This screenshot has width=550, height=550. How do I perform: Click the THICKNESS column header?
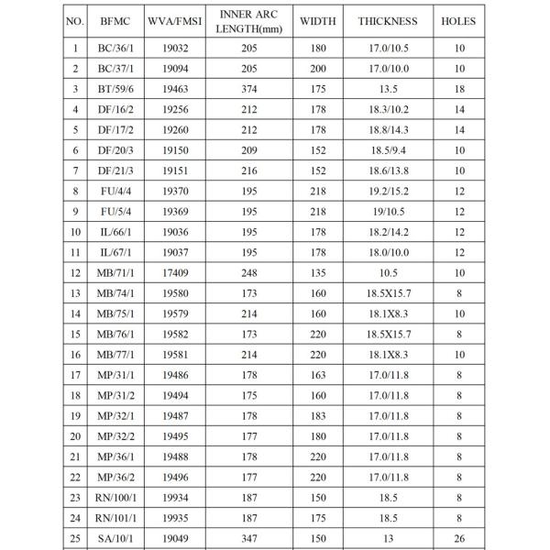click(x=388, y=21)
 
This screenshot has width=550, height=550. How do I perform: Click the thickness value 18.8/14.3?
click(x=388, y=129)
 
